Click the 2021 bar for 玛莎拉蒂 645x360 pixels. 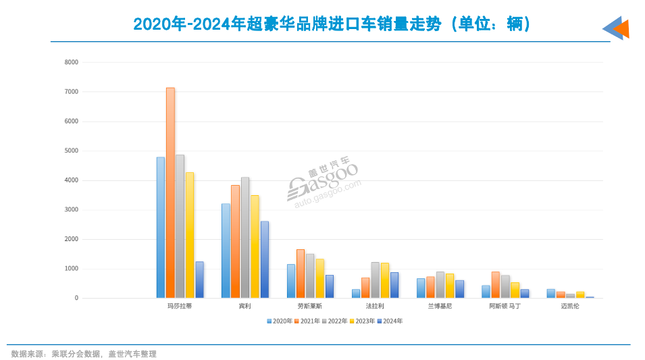coord(170,193)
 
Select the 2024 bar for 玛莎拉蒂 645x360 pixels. coord(199,280)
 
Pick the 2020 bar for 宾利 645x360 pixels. coord(226,251)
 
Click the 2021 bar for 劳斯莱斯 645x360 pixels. coord(301,274)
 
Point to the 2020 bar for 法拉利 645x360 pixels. coord(356,294)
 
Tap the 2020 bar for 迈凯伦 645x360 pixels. coord(551,294)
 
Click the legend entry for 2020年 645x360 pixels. coord(280,322)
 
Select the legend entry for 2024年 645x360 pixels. coord(390,322)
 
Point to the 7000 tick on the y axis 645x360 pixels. coord(72,92)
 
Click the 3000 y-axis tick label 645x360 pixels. coord(72,210)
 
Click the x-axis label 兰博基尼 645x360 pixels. coord(440,307)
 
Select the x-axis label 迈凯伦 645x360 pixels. coord(570,307)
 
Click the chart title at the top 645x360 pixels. coord(332,24)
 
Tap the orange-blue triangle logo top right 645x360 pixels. coord(616,28)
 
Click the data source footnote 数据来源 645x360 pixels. coord(84,354)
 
